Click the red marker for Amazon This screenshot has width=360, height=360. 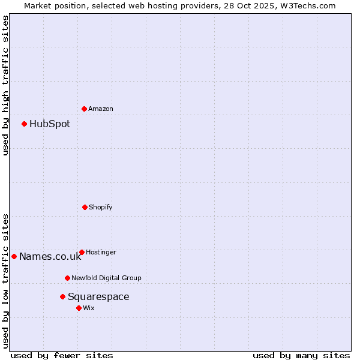pos(84,109)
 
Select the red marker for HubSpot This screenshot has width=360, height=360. pos(24,124)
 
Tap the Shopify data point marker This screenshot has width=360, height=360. pos(85,207)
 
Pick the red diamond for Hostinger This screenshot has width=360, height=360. pos(82,252)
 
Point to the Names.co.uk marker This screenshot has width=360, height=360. pos(14,256)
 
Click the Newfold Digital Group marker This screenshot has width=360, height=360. pos(67,278)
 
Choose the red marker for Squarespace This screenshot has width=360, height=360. pos(62,296)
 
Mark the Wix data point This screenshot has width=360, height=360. pos(79,308)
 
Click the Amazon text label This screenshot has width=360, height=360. pos(101,109)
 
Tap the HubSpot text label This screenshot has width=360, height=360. pos(50,124)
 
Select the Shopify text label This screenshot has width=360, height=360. pos(101,207)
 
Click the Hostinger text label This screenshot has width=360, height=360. pos(101,252)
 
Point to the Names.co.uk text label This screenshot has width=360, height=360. pos(50,257)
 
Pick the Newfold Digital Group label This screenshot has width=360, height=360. pos(106,278)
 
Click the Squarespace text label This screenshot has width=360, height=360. pos(98,297)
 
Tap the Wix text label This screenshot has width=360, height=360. pos(89,308)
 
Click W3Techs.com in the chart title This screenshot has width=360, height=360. pos(305,5)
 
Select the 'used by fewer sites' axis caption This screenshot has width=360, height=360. pos(61,355)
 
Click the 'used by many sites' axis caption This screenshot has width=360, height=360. pos(301,355)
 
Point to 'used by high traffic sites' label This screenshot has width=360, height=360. pos(5,85)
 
